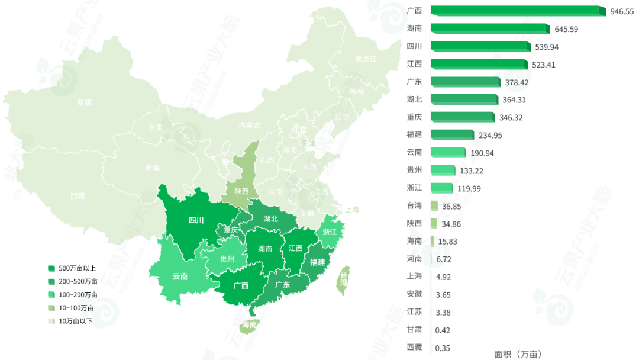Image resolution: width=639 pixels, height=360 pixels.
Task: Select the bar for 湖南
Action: pos(489,28)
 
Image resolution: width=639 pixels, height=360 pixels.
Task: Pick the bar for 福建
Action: pos(452,135)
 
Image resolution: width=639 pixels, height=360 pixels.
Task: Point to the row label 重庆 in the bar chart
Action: pos(414,117)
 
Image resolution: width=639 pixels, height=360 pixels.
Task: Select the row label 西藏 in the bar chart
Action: pos(414,347)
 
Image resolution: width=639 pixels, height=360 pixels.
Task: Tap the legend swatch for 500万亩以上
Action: pos(51,269)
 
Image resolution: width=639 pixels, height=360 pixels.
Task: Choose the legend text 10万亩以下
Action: pos(75,321)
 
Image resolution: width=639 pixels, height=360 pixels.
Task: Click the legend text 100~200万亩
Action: pos(78,295)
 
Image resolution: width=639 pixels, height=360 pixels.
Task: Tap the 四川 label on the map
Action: pos(196,220)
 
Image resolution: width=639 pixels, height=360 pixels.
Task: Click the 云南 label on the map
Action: pos(180,276)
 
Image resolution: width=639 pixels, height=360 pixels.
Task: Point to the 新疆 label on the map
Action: pos(85,102)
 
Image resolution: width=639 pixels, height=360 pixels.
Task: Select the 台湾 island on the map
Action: pos(343,278)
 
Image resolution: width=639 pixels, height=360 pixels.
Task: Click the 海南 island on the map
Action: pos(249,325)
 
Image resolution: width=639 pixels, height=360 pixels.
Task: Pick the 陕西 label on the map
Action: pos(241,191)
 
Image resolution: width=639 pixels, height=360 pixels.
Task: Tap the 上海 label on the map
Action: pos(351,210)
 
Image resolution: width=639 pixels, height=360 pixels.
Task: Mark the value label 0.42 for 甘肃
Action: pos(442,330)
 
